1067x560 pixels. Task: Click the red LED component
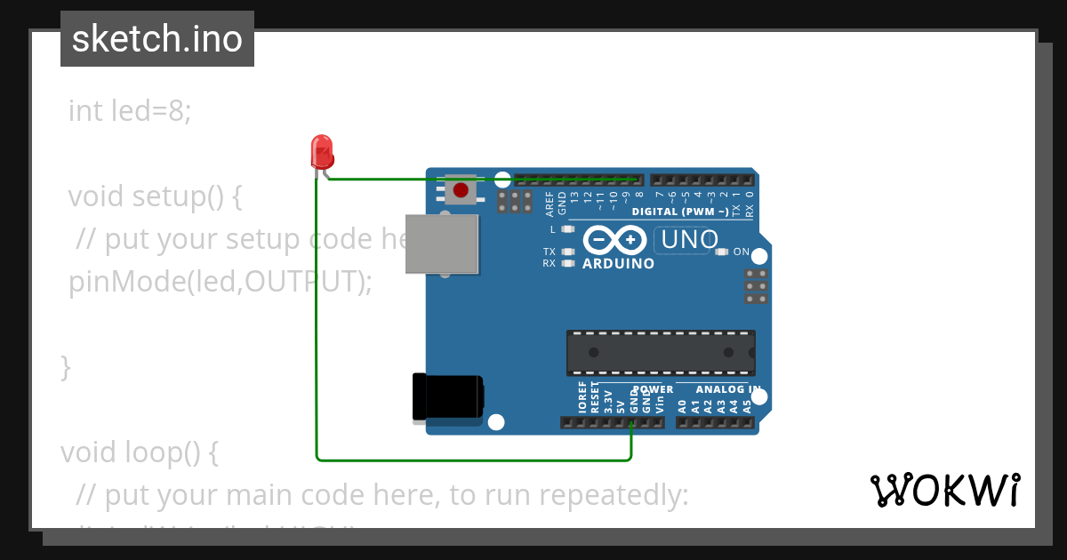point(321,152)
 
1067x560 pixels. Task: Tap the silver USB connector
point(441,244)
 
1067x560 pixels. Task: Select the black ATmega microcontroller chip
point(661,352)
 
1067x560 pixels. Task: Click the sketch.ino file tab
point(157,39)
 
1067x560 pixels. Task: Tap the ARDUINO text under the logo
point(618,264)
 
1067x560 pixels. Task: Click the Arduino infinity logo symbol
point(614,240)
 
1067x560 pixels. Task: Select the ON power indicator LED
point(722,252)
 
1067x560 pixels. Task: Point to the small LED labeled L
point(567,229)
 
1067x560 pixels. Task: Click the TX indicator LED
point(567,252)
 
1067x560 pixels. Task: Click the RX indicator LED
point(567,263)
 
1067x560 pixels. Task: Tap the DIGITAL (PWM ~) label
point(680,212)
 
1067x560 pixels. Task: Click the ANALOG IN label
point(727,389)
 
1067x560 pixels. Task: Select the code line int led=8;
point(130,111)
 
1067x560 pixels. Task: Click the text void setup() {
point(155,196)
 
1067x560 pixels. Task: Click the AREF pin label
point(550,204)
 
